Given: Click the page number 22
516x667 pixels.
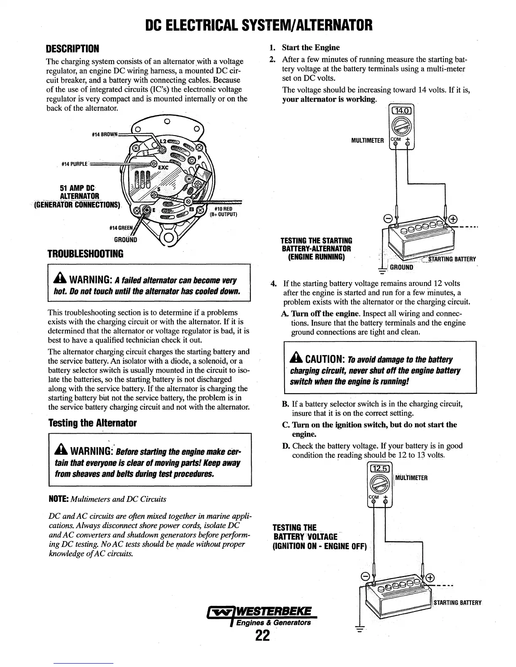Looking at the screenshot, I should click(x=262, y=636).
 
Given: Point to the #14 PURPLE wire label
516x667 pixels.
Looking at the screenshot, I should click(x=74, y=164).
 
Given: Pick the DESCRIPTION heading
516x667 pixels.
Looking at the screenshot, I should click(x=73, y=48).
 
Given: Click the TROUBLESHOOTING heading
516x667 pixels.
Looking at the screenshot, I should click(x=85, y=253).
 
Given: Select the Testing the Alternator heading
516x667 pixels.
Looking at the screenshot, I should click(x=92, y=422).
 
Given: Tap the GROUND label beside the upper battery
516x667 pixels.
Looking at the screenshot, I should click(x=401, y=267).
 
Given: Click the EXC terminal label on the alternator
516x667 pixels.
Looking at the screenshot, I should click(x=163, y=167).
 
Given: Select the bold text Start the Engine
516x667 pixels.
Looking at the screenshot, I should click(x=311, y=47).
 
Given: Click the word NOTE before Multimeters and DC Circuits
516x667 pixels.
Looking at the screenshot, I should click(x=58, y=499).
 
